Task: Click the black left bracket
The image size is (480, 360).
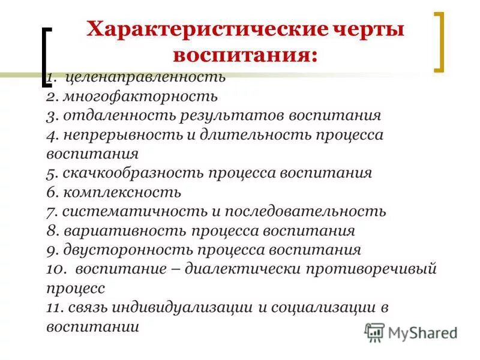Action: point(46,57)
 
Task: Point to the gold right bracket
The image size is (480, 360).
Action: point(439,42)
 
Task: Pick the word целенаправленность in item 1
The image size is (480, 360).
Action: point(146,77)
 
